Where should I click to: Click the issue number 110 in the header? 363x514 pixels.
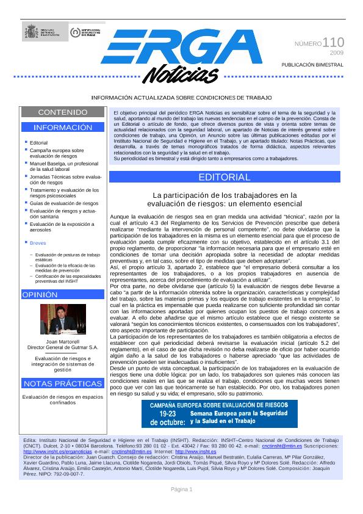coord(332,43)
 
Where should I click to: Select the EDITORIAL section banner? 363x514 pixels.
coord(224,177)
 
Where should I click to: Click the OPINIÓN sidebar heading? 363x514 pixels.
coord(40,295)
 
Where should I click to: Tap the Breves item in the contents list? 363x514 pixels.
coord(38,243)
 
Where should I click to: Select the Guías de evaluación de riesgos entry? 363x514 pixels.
coord(64,203)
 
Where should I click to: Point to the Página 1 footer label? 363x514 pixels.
coord(181,490)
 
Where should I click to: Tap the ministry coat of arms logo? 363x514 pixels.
coord(31,32)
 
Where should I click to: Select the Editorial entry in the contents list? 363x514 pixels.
coord(38,142)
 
